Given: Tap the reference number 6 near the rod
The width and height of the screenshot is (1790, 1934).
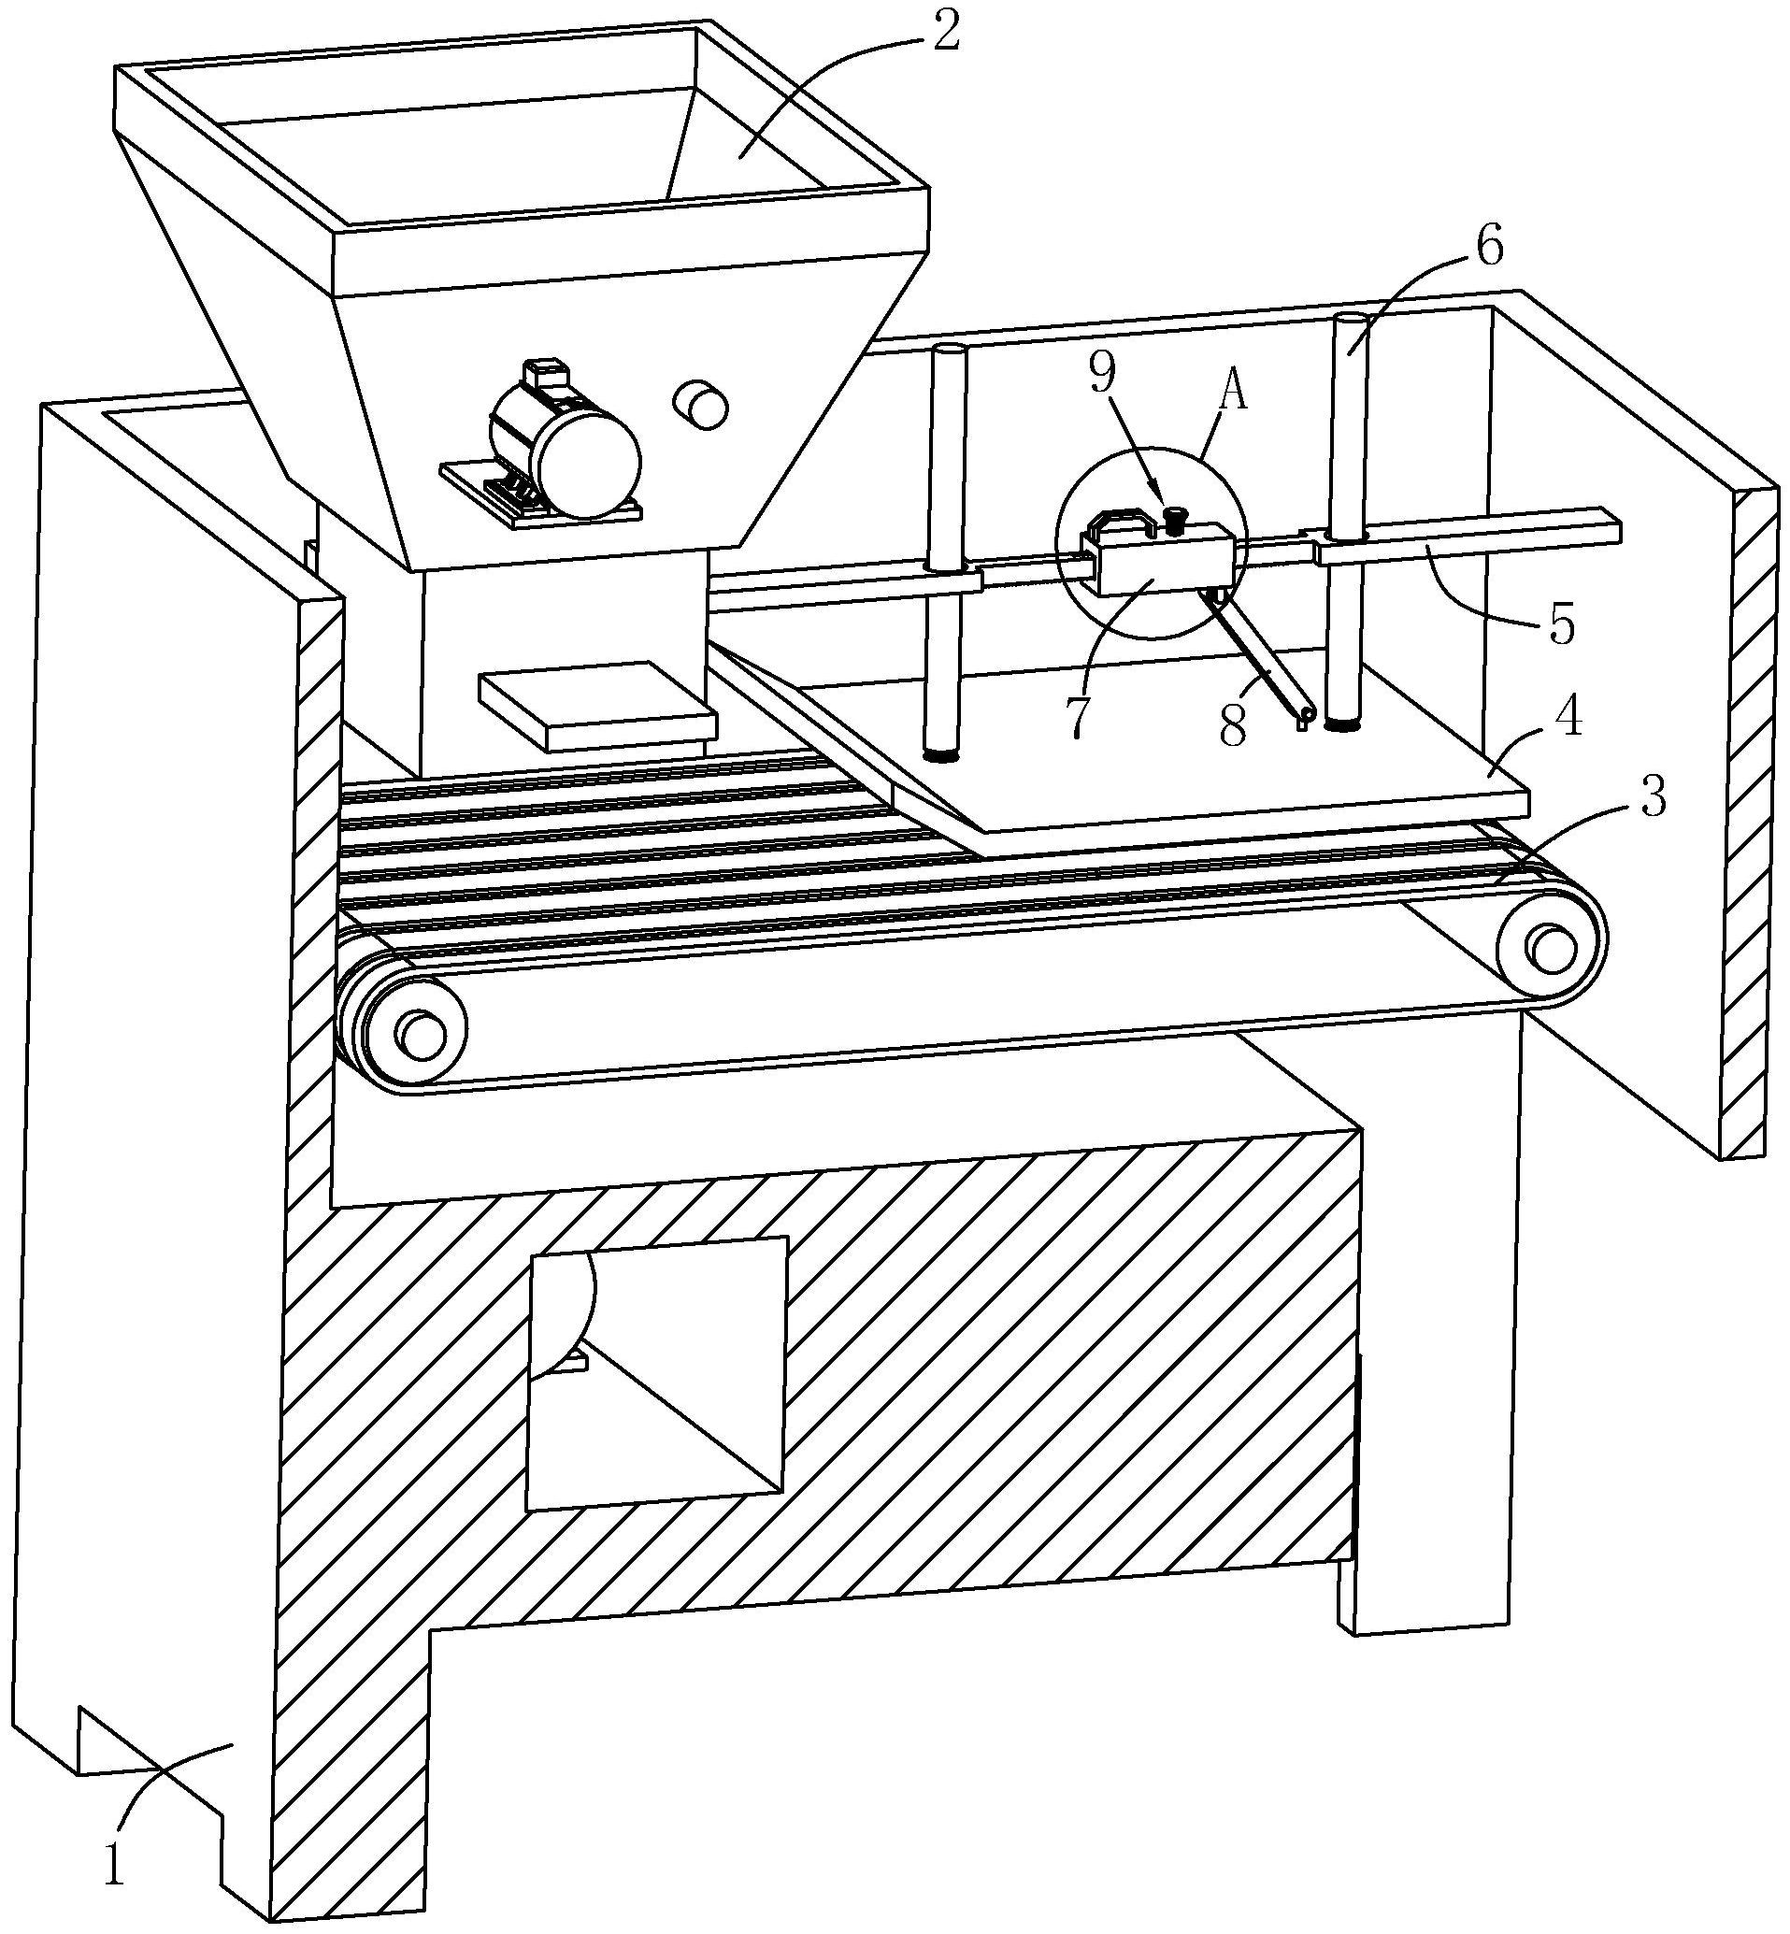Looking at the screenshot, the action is tap(1490, 246).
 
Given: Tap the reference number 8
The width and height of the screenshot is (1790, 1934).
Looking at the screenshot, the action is tap(1232, 727).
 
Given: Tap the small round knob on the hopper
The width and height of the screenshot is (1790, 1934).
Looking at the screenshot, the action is tap(699, 406).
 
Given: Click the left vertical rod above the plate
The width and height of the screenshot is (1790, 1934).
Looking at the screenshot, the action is tap(944, 552).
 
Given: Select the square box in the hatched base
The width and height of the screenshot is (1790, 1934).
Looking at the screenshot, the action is tap(655, 1371).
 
